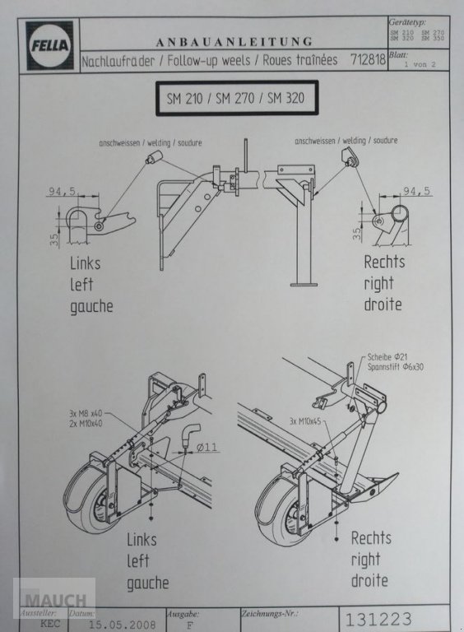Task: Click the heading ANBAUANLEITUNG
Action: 234,41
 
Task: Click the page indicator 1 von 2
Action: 425,63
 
